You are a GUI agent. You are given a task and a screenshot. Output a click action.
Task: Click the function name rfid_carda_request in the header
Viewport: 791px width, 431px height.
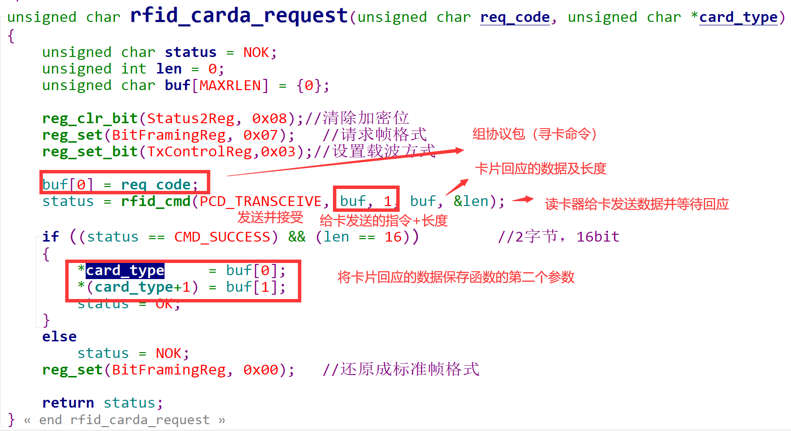(239, 16)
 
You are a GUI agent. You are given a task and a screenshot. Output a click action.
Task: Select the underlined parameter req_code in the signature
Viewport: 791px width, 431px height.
(515, 18)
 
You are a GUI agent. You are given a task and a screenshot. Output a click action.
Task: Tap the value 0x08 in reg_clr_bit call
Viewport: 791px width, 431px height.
(269, 119)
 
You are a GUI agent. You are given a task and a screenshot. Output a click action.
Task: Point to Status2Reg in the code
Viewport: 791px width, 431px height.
(190, 119)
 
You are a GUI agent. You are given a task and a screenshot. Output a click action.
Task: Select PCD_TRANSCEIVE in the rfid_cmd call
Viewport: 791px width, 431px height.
(260, 202)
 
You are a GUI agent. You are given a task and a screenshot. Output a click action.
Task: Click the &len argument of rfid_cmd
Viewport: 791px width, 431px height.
(471, 202)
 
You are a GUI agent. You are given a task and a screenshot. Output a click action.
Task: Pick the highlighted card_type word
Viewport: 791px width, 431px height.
(125, 270)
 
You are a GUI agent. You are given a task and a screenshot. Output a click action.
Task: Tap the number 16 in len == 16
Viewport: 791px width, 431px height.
(393, 237)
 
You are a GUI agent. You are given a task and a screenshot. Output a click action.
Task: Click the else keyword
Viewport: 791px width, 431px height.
(59, 337)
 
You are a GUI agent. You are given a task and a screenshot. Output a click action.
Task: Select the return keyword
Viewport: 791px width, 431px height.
(68, 403)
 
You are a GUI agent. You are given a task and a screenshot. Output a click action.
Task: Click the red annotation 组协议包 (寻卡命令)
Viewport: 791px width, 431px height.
(534, 134)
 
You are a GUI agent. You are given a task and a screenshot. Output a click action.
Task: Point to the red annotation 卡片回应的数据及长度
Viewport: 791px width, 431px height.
(540, 169)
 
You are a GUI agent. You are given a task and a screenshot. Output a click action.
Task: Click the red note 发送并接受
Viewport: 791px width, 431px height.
(270, 217)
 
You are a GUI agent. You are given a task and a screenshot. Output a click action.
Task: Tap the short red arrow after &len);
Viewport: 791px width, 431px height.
(523, 199)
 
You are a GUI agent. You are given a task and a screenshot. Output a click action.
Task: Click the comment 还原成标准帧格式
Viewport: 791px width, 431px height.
(409, 369)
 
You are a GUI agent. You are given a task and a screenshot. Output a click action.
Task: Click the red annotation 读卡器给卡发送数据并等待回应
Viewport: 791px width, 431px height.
(637, 204)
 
